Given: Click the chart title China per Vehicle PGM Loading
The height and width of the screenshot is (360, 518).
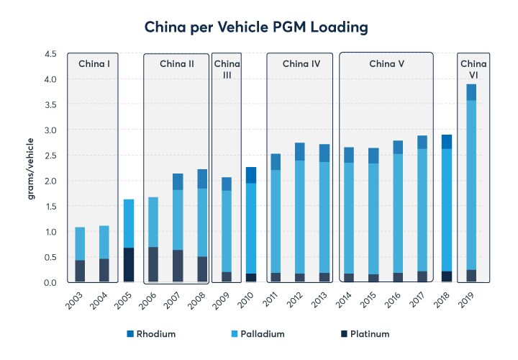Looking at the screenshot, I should [x=258, y=27].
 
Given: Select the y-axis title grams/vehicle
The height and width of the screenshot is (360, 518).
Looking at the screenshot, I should [x=32, y=168].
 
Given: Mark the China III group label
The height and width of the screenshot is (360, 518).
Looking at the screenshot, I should [x=227, y=70].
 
